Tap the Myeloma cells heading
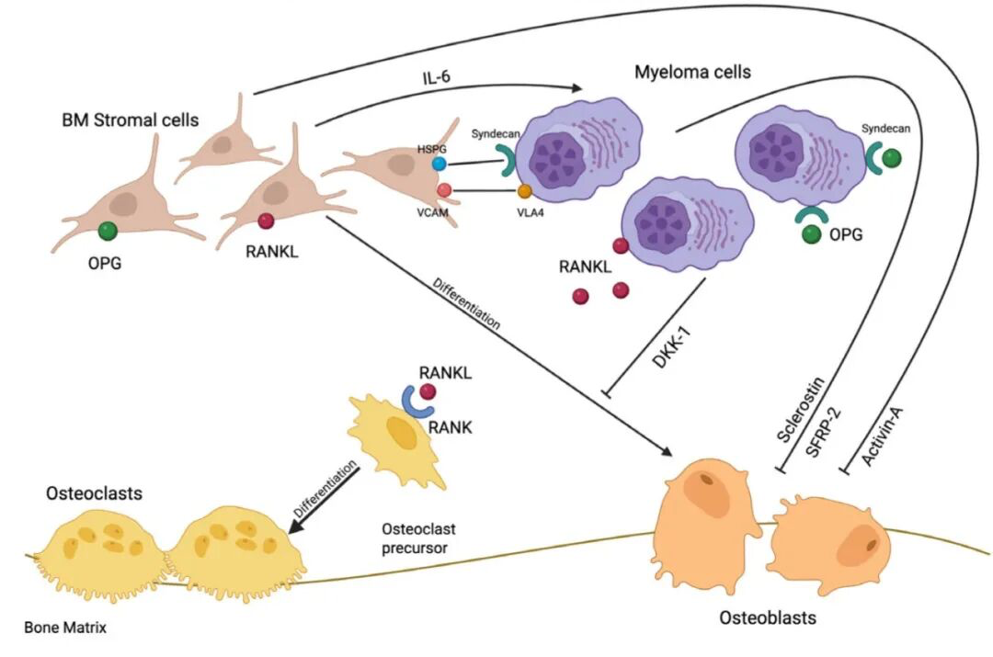[692, 72]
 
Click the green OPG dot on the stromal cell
[108, 231]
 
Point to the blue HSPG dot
[440, 164]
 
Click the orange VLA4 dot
[525, 192]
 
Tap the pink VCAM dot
[444, 190]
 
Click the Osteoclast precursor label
[418, 540]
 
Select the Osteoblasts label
[767, 617]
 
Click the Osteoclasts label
[94, 493]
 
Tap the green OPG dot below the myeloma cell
[811, 235]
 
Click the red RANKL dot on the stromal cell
[267, 221]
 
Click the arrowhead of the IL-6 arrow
[577, 89]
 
